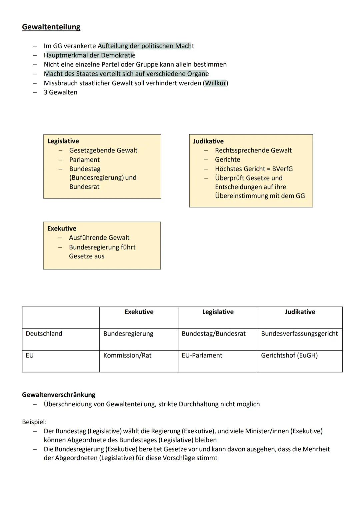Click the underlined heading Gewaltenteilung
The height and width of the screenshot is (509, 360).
click(51, 27)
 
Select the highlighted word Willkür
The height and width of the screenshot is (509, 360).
click(215, 83)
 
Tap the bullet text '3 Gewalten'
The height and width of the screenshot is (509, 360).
click(60, 92)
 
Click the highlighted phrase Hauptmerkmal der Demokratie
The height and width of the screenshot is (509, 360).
click(89, 55)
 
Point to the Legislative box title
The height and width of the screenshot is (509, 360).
click(63, 141)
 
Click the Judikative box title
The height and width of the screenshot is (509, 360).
click(208, 141)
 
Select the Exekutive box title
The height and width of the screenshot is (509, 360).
click(62, 228)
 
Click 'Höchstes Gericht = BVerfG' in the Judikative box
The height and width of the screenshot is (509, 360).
click(254, 169)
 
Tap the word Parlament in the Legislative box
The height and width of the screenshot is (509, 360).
click(84, 160)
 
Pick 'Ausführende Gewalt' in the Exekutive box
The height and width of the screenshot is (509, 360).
click(99, 238)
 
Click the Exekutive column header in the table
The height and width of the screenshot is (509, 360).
click(139, 312)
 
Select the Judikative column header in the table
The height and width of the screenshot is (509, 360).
click(300, 312)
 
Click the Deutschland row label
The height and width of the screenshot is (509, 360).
click(44, 334)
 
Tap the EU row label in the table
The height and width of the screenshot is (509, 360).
click(30, 356)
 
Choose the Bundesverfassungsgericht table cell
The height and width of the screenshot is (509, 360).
click(299, 334)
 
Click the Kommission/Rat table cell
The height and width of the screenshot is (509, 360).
click(127, 356)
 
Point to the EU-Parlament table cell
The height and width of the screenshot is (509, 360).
click(202, 356)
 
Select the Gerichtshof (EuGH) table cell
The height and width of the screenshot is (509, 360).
click(289, 356)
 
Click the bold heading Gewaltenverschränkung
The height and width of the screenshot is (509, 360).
click(59, 395)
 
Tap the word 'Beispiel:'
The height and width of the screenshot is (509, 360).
click(34, 422)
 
